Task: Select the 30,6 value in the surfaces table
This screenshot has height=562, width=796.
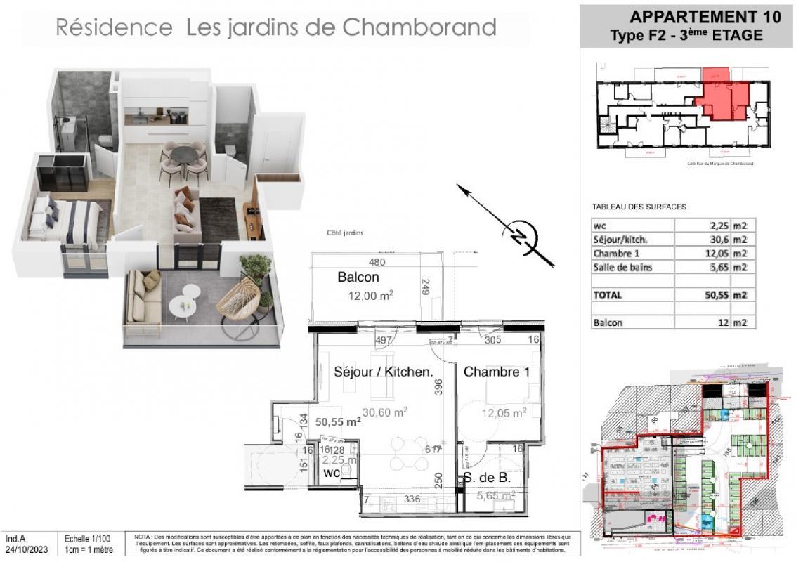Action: (713, 239)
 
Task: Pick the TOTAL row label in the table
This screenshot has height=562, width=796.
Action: (608, 295)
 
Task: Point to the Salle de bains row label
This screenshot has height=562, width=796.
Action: (621, 267)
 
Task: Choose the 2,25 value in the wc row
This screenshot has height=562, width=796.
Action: (715, 226)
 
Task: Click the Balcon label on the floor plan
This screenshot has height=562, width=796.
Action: (358, 277)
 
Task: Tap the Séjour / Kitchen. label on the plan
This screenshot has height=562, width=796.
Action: (383, 372)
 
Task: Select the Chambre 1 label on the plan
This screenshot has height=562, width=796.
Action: (496, 372)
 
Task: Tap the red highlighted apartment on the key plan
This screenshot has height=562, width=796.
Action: (720, 95)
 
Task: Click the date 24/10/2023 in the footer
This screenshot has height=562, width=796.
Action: (24, 549)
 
